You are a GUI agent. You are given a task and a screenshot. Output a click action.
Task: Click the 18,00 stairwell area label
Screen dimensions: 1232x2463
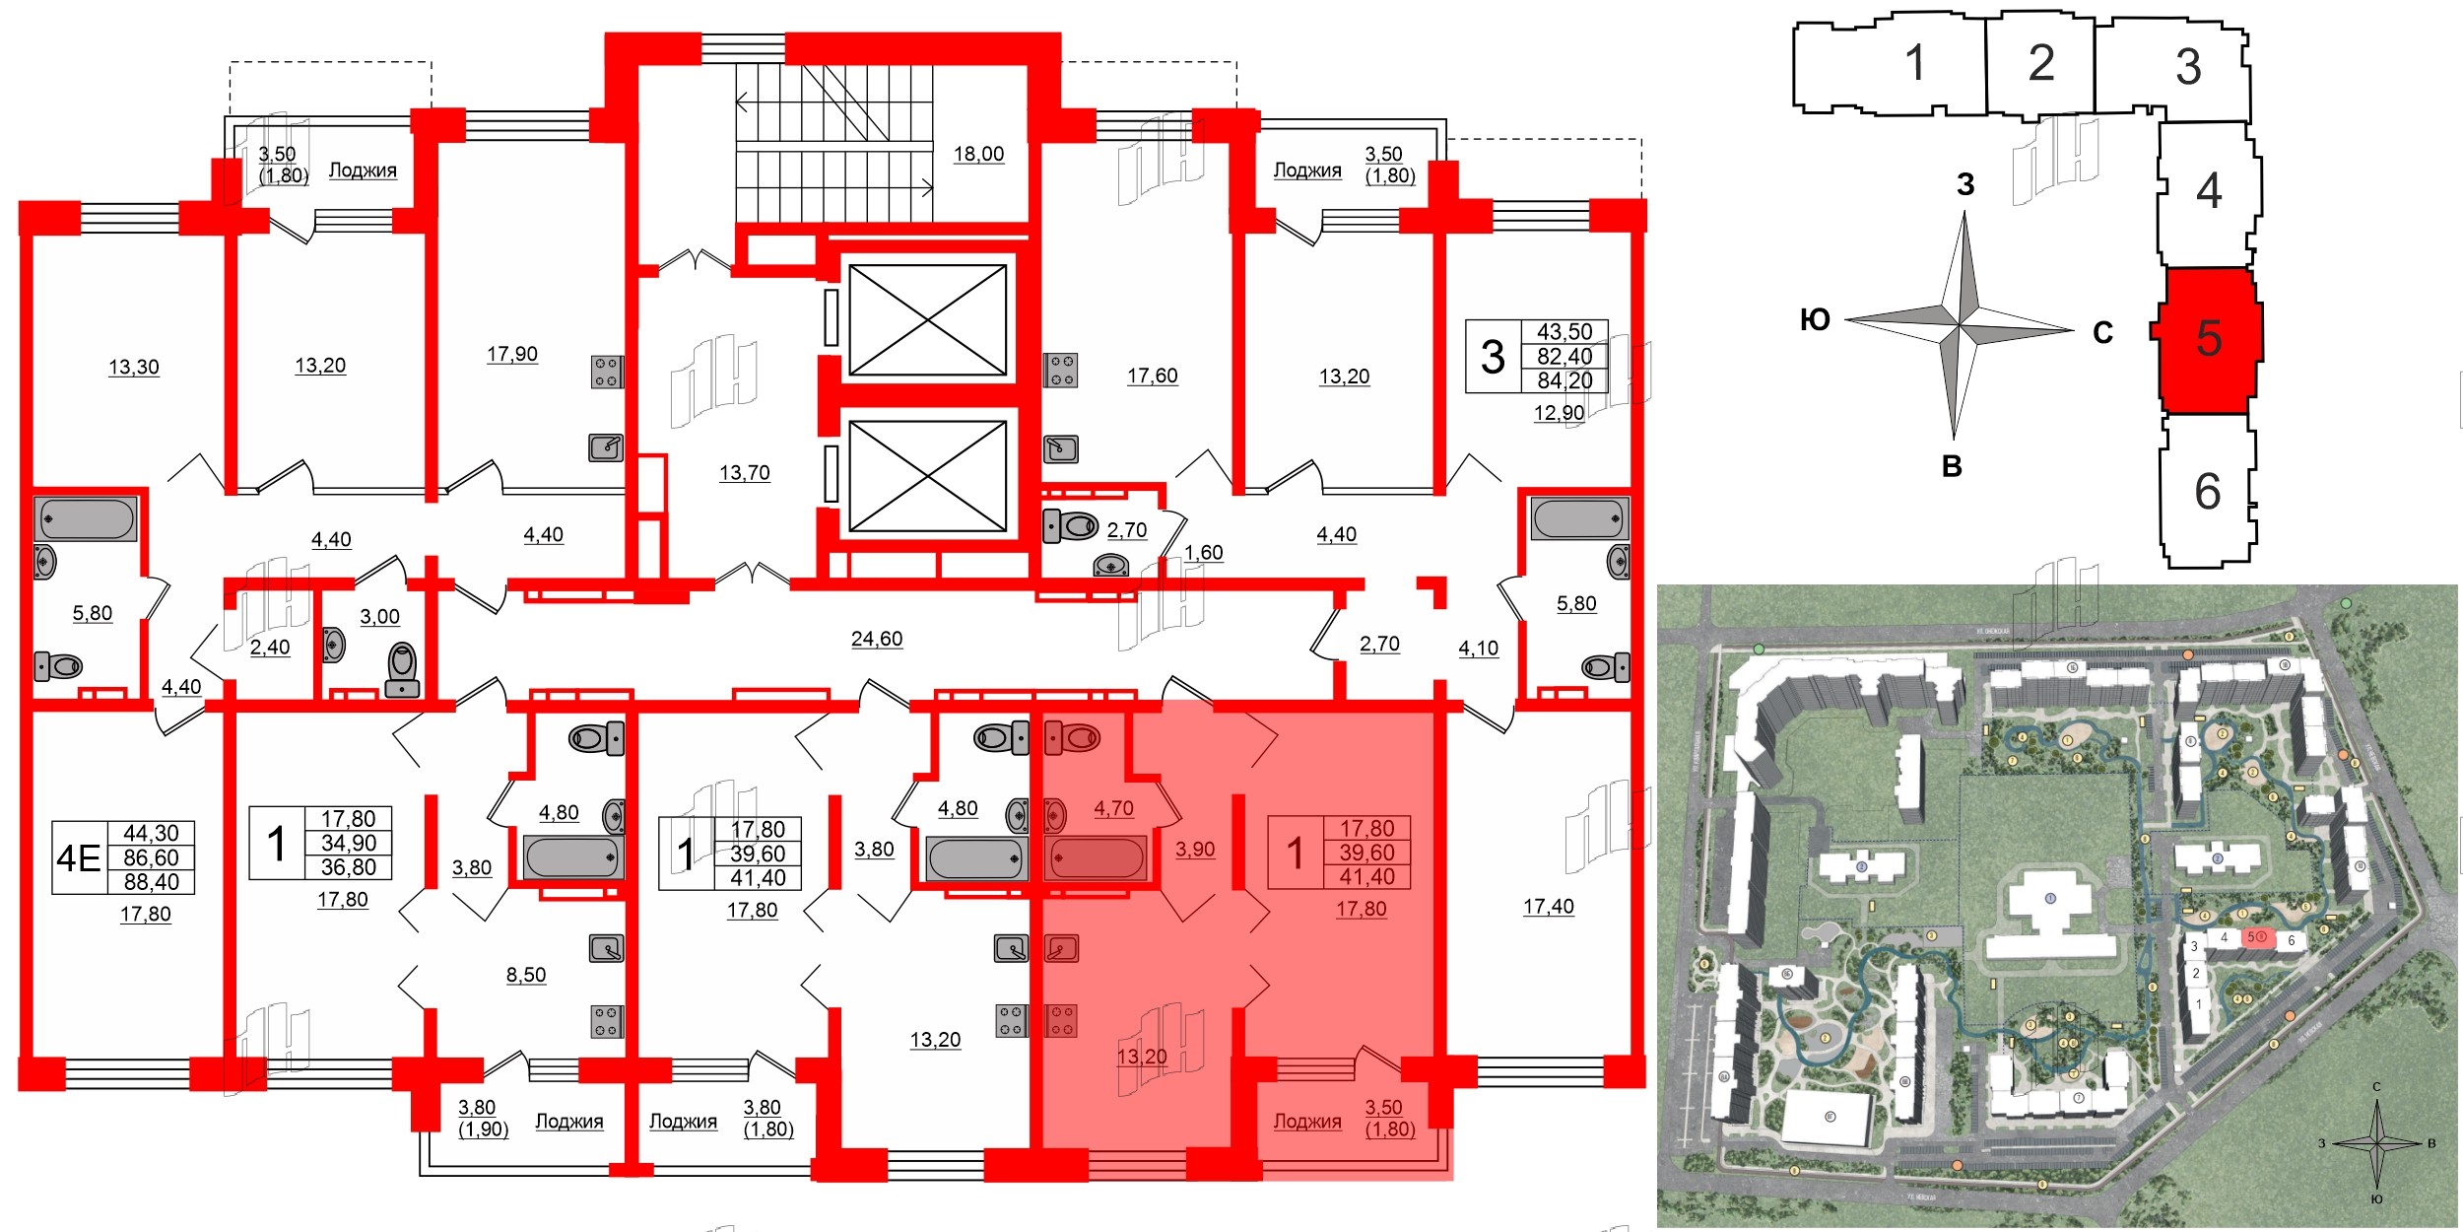point(978,154)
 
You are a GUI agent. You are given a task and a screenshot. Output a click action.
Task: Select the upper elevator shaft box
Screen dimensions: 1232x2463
point(927,319)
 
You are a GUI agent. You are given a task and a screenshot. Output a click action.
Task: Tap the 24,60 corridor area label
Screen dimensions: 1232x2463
point(876,639)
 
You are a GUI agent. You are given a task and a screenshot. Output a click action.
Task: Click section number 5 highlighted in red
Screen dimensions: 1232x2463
point(2208,338)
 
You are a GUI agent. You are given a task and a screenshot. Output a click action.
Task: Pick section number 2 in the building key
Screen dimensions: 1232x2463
point(2040,63)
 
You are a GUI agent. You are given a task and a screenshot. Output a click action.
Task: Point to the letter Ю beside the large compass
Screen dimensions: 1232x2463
point(1814,319)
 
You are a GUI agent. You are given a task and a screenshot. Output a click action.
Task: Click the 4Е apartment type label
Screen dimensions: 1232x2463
point(79,858)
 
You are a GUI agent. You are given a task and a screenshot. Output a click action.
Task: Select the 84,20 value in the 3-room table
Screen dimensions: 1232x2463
point(1564,380)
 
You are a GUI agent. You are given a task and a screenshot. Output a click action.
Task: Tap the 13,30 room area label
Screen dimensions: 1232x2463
point(133,367)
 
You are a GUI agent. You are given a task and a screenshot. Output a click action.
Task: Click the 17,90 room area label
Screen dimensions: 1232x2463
point(511,354)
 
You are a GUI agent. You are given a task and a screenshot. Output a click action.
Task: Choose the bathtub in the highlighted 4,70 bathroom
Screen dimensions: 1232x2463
point(1095,857)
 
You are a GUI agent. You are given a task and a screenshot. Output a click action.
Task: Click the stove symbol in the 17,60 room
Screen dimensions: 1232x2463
point(1061,370)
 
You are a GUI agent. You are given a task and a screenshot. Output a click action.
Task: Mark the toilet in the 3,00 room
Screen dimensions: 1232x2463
point(402,670)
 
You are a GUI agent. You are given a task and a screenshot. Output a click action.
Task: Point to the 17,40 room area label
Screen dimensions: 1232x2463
point(1548,906)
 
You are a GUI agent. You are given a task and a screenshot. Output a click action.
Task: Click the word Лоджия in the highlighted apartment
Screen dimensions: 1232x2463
point(1306,1122)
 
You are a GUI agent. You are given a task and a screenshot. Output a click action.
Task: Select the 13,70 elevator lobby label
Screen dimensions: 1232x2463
point(744,472)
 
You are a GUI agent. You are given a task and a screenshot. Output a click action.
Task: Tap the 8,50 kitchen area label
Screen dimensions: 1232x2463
point(525,975)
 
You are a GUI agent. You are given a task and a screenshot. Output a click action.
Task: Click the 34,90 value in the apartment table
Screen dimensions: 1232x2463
point(348,843)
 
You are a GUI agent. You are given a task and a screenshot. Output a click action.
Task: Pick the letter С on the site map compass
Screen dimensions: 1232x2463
point(2375,1087)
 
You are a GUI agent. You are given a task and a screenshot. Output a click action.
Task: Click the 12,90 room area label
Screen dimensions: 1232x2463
point(1558,413)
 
